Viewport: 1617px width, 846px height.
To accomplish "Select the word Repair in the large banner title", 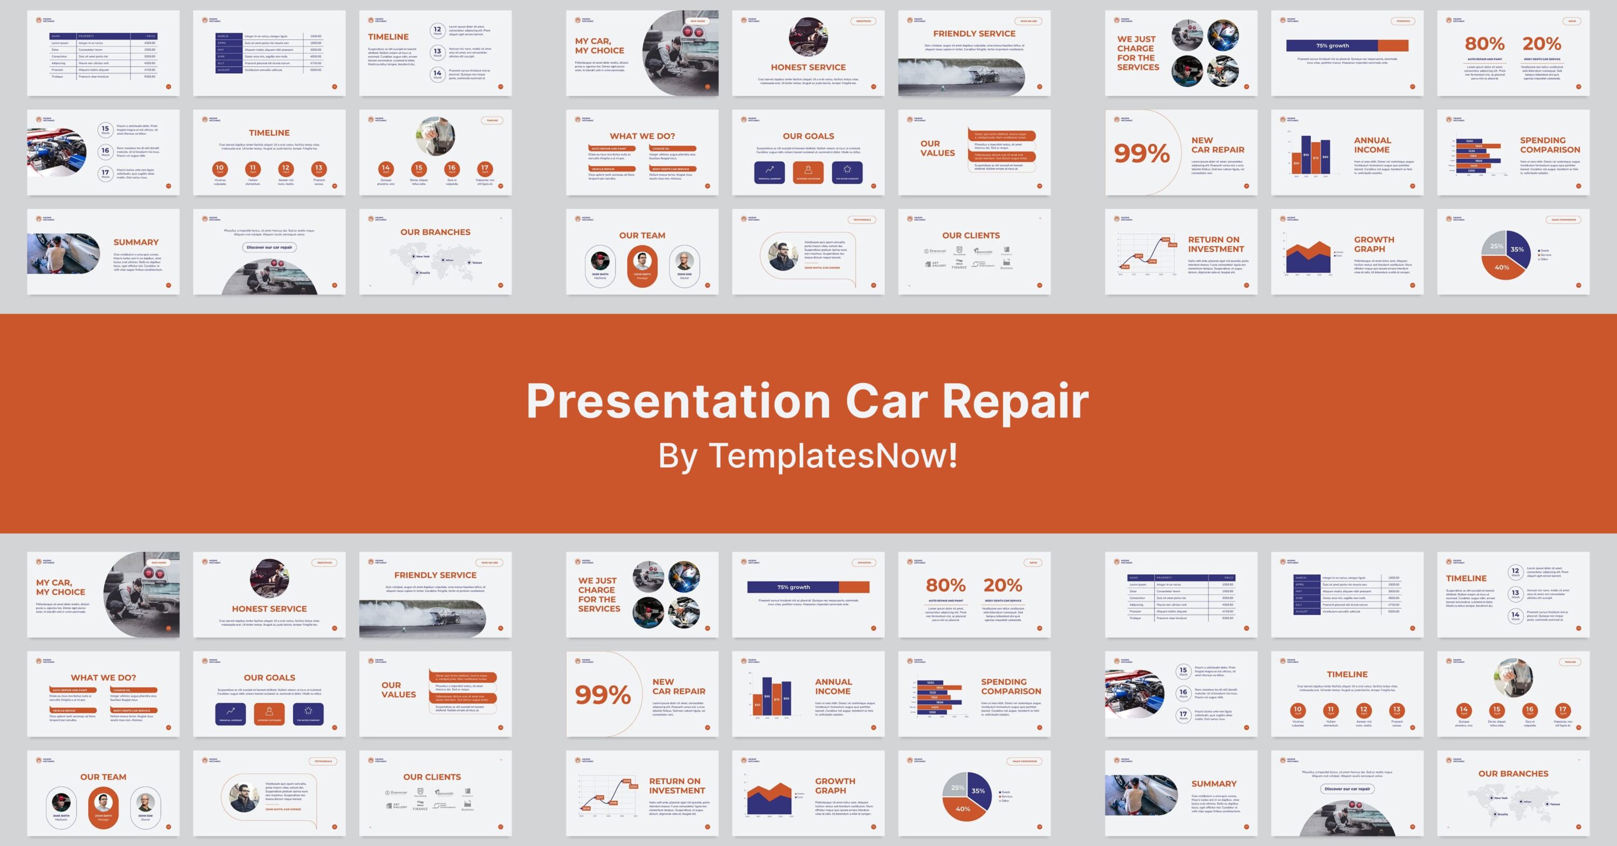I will click(x=1015, y=401).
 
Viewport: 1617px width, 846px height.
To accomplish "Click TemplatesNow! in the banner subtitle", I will click(x=833, y=456).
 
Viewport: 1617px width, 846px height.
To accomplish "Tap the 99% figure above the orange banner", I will click(x=1142, y=153).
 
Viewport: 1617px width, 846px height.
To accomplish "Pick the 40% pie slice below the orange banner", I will click(x=962, y=809).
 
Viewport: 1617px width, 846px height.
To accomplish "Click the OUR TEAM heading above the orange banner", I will click(x=641, y=235).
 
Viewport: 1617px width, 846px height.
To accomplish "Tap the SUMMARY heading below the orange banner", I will click(x=1213, y=784).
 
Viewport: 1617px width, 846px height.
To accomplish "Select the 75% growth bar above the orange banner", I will click(x=1332, y=46).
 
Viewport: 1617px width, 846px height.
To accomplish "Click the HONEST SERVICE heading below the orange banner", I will click(x=269, y=609).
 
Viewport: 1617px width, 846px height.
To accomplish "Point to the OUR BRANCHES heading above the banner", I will click(x=435, y=232).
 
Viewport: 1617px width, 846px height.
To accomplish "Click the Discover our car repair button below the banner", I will click(x=1347, y=789).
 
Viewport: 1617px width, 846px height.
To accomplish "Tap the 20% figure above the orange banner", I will click(x=1541, y=44).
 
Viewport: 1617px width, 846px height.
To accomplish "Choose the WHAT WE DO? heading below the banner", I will click(x=103, y=678).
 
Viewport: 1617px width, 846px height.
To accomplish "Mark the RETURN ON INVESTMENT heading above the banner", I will click(x=1215, y=244).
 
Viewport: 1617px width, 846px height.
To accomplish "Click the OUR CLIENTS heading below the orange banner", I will click(x=432, y=777).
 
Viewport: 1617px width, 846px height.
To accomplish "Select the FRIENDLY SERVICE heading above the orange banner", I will click(x=973, y=34).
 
